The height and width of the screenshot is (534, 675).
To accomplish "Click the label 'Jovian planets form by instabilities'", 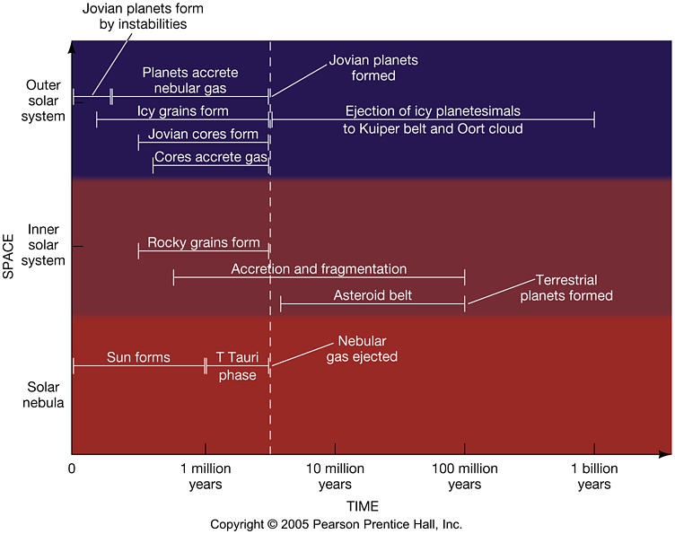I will [x=130, y=16].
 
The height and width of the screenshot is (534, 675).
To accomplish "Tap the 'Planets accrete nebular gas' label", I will [x=190, y=80].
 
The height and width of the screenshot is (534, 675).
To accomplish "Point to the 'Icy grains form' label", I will [x=183, y=111].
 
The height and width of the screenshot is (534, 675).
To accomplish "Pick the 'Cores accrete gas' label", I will [x=211, y=157].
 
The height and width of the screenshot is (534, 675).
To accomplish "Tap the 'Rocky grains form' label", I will [x=204, y=242].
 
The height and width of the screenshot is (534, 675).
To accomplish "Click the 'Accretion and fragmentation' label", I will [x=319, y=269].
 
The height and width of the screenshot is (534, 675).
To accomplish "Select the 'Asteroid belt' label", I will [x=373, y=294].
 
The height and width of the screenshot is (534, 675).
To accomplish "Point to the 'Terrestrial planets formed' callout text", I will [x=566, y=287].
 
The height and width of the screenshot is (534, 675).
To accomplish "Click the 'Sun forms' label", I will [x=138, y=357].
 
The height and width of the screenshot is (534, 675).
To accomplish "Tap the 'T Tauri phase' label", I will [x=237, y=366].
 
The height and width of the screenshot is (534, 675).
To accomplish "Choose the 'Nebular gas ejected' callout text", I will [x=366, y=349].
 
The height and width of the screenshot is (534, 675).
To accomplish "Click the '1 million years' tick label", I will [x=206, y=477].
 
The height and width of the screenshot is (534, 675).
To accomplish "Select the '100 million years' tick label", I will [x=464, y=477].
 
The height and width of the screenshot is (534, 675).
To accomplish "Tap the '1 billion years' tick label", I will [x=594, y=477].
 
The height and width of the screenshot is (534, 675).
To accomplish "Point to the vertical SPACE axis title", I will [x=8, y=246].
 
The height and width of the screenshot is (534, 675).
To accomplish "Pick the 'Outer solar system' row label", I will [x=45, y=101].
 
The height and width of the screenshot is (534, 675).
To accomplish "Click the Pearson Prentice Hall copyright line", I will [x=336, y=524].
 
